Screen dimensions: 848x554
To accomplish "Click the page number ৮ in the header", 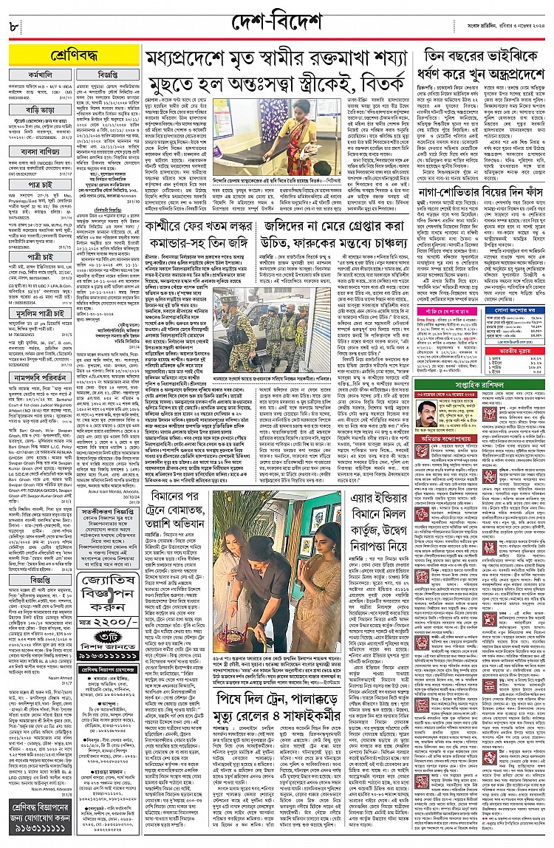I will (x=14, y=27).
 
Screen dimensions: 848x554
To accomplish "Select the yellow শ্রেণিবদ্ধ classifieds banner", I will (x=71, y=55).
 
